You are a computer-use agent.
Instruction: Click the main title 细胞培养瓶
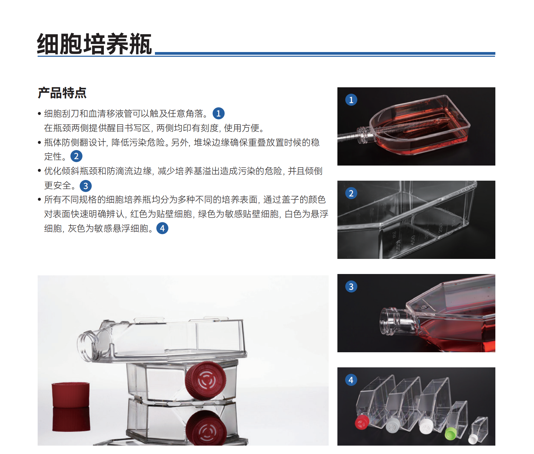pos(94,44)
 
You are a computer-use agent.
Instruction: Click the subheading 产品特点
pos(62,93)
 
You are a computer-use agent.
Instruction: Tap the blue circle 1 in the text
pos(218,113)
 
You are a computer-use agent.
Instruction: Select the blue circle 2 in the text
pos(76,156)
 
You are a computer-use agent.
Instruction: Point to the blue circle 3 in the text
pos(86,186)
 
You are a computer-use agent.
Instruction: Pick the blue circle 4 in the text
pos(162,228)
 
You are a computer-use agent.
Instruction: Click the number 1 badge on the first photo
pos(351,100)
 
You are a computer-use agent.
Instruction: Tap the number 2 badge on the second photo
pos(351,193)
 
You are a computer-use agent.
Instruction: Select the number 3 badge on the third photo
pos(351,286)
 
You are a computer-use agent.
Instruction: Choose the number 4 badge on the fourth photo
pos(351,380)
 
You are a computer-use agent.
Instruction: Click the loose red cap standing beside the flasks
pos(71,395)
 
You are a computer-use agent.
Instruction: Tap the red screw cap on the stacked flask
pos(205,380)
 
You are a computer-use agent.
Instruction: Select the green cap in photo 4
pos(451,434)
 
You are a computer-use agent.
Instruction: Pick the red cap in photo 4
pos(362,422)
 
